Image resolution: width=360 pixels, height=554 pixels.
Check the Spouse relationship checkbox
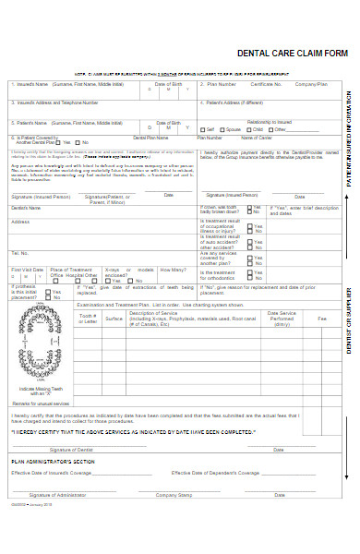[x=222, y=128]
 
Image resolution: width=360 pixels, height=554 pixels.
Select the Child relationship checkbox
[x=247, y=128]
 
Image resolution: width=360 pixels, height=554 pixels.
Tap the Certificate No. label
[x=266, y=83]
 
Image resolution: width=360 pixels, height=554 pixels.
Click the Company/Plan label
[x=311, y=83]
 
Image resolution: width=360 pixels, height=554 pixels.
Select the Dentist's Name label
[x=27, y=208]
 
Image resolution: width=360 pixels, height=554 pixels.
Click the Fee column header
[x=322, y=318]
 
